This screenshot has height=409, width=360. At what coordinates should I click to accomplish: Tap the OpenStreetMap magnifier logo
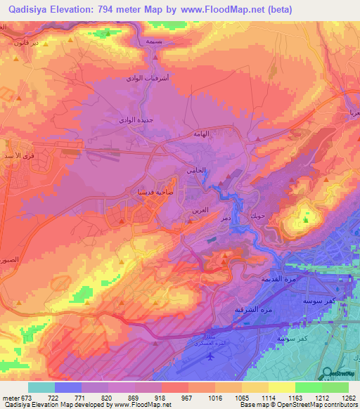click(x=327, y=373)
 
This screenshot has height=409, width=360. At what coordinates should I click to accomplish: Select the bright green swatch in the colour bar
click(x=308, y=387)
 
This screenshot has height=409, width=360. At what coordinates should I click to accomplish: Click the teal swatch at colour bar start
click(x=41, y=387)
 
